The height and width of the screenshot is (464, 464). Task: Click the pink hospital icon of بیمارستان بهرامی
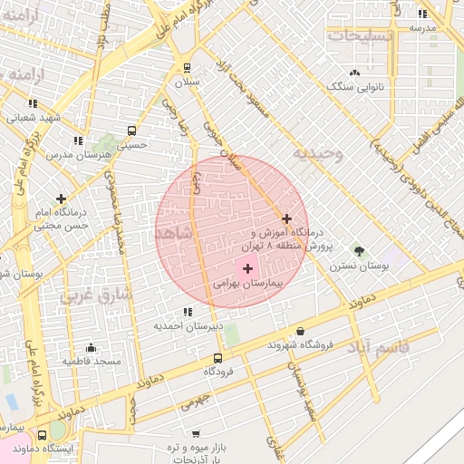point(247,268)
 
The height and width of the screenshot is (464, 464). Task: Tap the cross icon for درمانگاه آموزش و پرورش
point(287,218)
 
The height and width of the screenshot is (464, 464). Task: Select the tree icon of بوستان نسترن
point(359,251)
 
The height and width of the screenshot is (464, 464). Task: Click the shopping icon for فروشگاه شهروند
point(300,331)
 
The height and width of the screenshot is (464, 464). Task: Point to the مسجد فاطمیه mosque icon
point(91,347)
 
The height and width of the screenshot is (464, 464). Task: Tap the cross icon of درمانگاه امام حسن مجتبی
point(61,198)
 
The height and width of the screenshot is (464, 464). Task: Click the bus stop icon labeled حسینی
point(132,130)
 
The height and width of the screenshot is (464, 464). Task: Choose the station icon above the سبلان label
point(187,67)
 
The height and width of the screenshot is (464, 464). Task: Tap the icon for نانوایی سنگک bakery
point(354,72)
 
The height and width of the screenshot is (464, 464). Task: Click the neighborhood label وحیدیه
point(325,154)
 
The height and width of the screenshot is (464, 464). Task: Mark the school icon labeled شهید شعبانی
point(34,103)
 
